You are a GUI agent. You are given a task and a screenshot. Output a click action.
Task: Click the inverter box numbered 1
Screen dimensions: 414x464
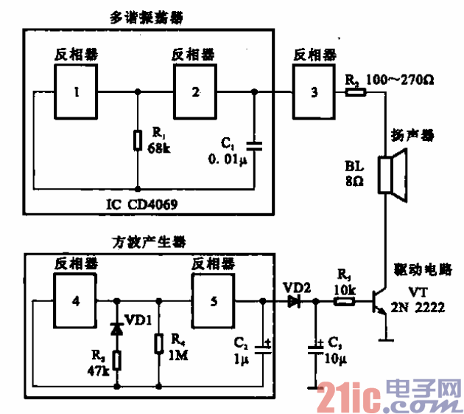pos(76,92)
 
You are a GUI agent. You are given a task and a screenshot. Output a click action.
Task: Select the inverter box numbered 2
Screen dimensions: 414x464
pos(195,92)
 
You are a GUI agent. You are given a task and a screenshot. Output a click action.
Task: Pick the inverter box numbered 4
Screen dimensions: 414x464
pos(74,301)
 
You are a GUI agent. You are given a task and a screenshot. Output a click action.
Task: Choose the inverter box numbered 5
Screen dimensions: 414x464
pos(214,301)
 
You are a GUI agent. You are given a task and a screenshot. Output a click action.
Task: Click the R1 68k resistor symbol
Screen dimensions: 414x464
pos(138,140)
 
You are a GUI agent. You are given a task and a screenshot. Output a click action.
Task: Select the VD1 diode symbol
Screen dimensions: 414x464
pos(116,328)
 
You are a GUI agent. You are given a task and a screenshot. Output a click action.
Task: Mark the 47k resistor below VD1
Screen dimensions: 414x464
pos(116,360)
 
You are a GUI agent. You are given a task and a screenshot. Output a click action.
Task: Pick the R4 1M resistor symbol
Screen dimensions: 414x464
pos(158,345)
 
